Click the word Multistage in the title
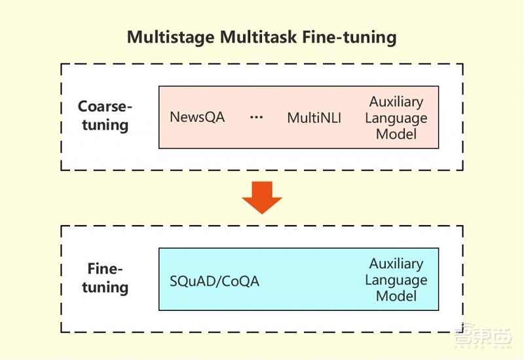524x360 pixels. [x=169, y=37]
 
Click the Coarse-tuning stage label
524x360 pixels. [x=105, y=115]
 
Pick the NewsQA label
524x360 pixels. [x=197, y=118]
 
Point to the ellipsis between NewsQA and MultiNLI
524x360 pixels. [x=256, y=118]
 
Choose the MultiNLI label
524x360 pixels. [x=314, y=118]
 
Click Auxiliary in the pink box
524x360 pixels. [x=396, y=102]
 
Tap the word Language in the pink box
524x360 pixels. [x=396, y=118]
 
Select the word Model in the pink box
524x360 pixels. [x=396, y=134]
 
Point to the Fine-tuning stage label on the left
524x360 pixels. [x=105, y=278]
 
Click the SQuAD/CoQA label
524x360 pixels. [x=215, y=281]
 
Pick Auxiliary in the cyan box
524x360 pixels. [x=396, y=264]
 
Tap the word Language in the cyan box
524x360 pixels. [x=396, y=280]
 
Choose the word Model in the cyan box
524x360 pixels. [x=396, y=296]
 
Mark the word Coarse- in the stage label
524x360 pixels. [x=105, y=107]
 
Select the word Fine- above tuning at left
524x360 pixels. [x=105, y=270]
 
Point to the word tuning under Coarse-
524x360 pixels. [x=105, y=124]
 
